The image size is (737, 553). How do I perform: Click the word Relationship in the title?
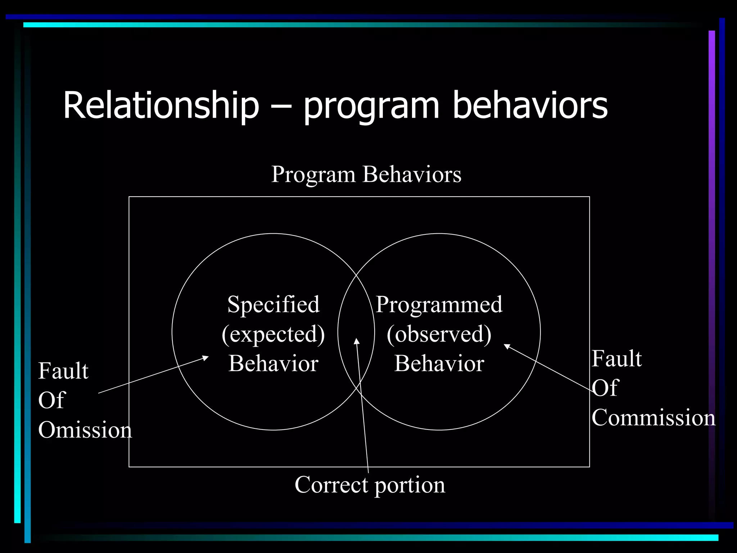[161, 105]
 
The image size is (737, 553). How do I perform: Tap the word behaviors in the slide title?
[530, 105]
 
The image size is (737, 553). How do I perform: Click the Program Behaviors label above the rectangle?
[366, 175]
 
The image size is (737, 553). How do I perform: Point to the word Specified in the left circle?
[273, 305]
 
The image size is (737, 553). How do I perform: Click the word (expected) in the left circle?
[273, 334]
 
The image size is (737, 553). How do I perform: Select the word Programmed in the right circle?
[439, 305]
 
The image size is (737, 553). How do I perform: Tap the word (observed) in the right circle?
[439, 334]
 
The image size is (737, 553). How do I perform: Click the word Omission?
[85, 430]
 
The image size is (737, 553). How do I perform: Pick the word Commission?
[653, 418]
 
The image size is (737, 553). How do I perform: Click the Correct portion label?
[370, 485]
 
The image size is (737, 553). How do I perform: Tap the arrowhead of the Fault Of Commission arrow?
[507, 346]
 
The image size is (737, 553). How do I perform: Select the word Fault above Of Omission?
[63, 371]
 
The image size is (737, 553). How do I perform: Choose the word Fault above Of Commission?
[616, 359]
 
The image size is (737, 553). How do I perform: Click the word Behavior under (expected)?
[273, 364]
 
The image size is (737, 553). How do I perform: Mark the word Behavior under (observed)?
[439, 364]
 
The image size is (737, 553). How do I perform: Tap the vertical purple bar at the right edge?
[711, 252]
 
